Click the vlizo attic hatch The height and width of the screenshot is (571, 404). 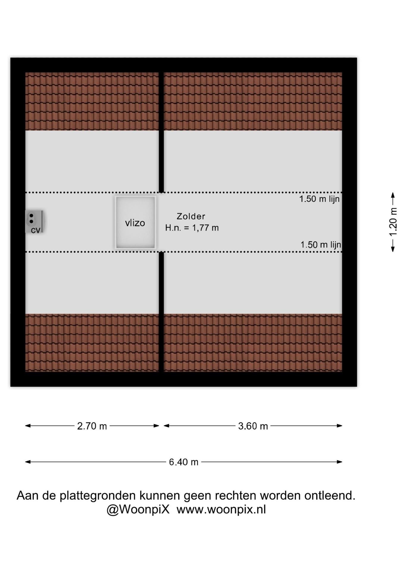click(x=135, y=222)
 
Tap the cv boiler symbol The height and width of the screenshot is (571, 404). click(x=35, y=222)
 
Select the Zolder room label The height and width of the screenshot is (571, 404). click(x=191, y=216)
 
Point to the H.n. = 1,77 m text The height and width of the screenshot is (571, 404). click(x=192, y=228)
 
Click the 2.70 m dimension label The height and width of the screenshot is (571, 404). click(x=92, y=426)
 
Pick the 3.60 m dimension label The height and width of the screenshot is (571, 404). click(x=253, y=426)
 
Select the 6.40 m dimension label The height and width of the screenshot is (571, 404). click(x=184, y=462)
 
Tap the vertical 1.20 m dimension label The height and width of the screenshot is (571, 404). click(x=393, y=222)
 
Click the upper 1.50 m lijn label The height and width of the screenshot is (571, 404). click(x=319, y=199)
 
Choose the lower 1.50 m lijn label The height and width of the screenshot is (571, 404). click(x=321, y=245)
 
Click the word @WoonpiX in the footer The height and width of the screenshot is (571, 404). click(x=138, y=509)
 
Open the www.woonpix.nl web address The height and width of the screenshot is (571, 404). click(x=221, y=510)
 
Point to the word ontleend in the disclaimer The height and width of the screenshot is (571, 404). click(x=330, y=495)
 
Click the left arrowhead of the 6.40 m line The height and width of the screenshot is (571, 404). click(x=28, y=462)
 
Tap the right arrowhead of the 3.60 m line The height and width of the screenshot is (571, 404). click(x=339, y=426)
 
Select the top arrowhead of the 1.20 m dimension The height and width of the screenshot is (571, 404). click(x=393, y=195)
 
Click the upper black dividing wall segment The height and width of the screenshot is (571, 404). click(x=161, y=132)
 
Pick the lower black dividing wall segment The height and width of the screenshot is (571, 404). click(x=161, y=312)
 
